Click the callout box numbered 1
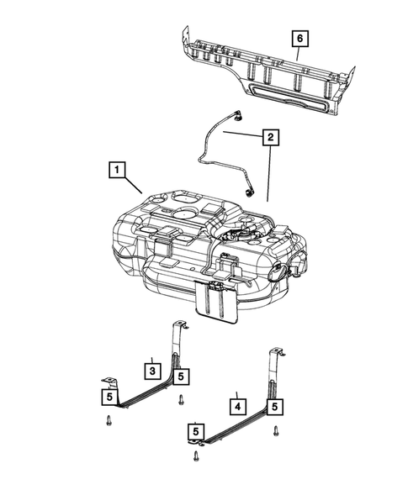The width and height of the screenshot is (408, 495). click(115, 171)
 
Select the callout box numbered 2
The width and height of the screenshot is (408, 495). click(269, 136)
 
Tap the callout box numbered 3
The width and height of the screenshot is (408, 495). click(151, 369)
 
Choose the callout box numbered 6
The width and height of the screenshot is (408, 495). click(299, 38)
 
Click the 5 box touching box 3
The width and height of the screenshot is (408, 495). click(182, 377)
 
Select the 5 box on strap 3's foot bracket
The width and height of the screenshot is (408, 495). click(109, 395)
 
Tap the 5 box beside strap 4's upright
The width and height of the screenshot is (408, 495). click(274, 408)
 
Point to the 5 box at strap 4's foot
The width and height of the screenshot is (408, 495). click(195, 433)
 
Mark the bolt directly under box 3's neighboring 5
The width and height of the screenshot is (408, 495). click(182, 399)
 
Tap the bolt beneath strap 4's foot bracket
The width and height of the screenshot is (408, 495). click(196, 456)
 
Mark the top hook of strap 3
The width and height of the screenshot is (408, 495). click(179, 324)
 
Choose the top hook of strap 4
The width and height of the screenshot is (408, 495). click(274, 351)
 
